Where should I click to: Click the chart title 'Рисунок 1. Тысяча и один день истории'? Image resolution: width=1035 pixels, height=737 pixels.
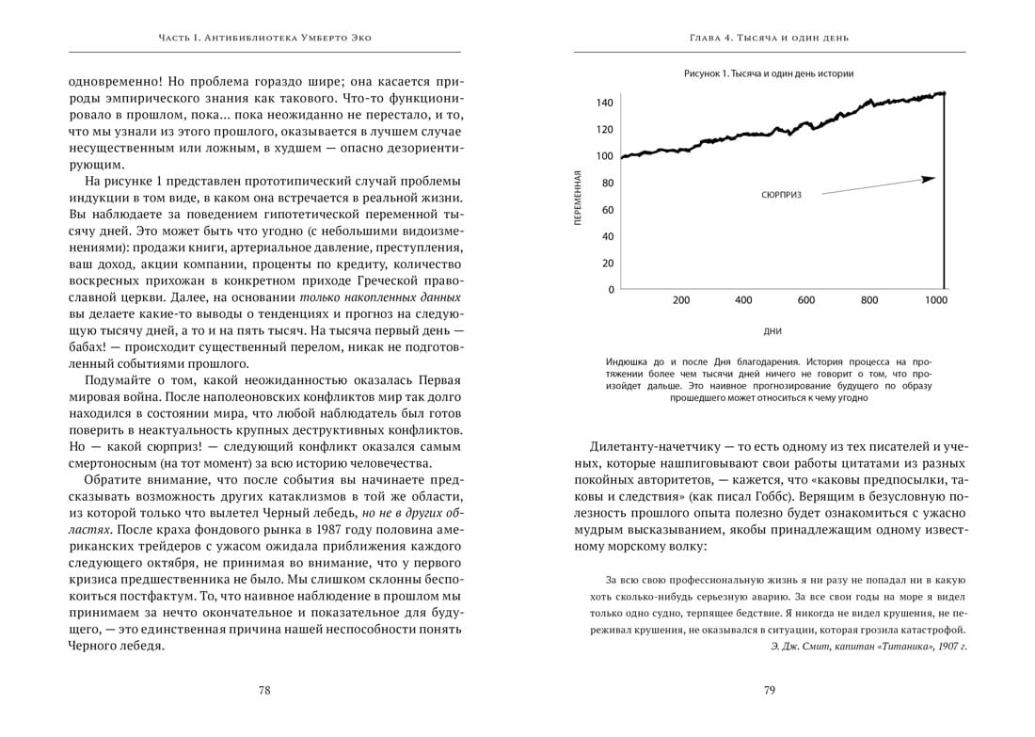point(769,73)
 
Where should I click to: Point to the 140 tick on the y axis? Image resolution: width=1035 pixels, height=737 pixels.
point(604,103)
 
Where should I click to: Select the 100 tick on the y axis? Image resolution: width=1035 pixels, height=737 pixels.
point(604,156)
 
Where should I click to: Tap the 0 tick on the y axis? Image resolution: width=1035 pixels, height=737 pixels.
point(611,290)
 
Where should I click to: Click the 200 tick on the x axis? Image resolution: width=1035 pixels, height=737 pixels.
point(681,301)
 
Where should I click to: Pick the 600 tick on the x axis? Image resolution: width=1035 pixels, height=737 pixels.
point(806,301)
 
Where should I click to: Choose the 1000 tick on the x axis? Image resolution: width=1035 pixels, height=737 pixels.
point(936,301)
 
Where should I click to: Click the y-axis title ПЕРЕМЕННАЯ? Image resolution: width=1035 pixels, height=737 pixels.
point(579,197)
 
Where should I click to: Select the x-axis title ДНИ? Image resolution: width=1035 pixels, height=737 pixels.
point(773,331)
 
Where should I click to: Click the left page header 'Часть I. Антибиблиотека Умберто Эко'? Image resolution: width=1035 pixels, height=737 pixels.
point(265,39)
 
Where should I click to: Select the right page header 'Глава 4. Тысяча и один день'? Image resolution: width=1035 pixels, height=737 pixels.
point(769,39)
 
